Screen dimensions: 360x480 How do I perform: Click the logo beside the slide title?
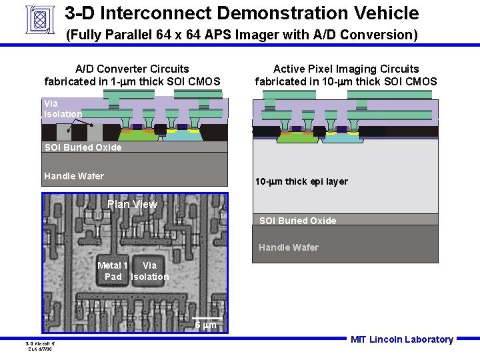click(38, 19)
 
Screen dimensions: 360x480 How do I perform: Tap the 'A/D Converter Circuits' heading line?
click(132, 69)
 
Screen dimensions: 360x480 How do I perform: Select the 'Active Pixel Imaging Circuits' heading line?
click(346, 69)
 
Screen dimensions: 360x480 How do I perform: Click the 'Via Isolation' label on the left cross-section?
click(63, 109)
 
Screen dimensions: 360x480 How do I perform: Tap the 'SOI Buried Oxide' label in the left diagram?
click(83, 147)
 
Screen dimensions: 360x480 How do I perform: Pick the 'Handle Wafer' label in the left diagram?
click(74, 176)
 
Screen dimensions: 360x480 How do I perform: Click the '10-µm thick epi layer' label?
click(301, 181)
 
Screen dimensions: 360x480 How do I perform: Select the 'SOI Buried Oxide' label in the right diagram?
click(297, 221)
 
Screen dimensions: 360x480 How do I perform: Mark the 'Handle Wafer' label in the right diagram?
click(289, 247)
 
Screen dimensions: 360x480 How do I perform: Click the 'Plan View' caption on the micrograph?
click(132, 204)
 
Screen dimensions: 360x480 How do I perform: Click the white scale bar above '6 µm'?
click(208, 318)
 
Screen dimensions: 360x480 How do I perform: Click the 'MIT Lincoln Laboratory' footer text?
click(402, 339)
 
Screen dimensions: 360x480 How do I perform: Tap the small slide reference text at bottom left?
click(41, 346)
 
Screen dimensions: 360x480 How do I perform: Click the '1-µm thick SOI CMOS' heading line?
click(132, 82)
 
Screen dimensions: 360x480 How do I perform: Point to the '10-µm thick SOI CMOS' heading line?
click(346, 82)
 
